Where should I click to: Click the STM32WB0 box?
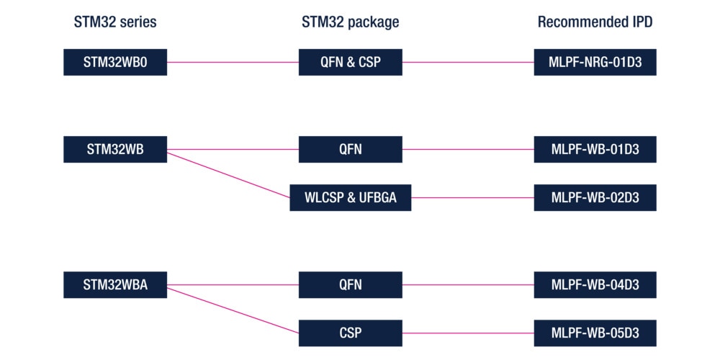(x=115, y=62)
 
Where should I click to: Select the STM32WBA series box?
(x=115, y=284)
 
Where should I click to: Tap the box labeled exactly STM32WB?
(x=115, y=150)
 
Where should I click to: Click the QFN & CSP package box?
(x=350, y=62)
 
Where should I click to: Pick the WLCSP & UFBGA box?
(x=350, y=197)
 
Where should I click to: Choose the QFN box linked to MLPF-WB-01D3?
(x=350, y=150)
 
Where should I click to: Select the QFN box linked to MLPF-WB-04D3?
(x=350, y=284)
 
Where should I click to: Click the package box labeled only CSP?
(x=350, y=333)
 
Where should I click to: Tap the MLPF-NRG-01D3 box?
(x=595, y=62)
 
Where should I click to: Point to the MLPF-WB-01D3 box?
(x=595, y=150)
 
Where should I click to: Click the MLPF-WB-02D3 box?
(x=595, y=197)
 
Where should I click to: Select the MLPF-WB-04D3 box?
(x=595, y=284)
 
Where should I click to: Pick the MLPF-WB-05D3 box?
(x=595, y=333)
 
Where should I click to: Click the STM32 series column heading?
(x=115, y=22)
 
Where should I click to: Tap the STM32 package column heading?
(x=350, y=22)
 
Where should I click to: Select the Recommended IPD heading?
(x=595, y=22)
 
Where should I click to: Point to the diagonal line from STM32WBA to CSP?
(x=233, y=310)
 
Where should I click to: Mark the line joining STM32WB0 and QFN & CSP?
(x=233, y=62)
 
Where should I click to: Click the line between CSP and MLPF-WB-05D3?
(x=468, y=333)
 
